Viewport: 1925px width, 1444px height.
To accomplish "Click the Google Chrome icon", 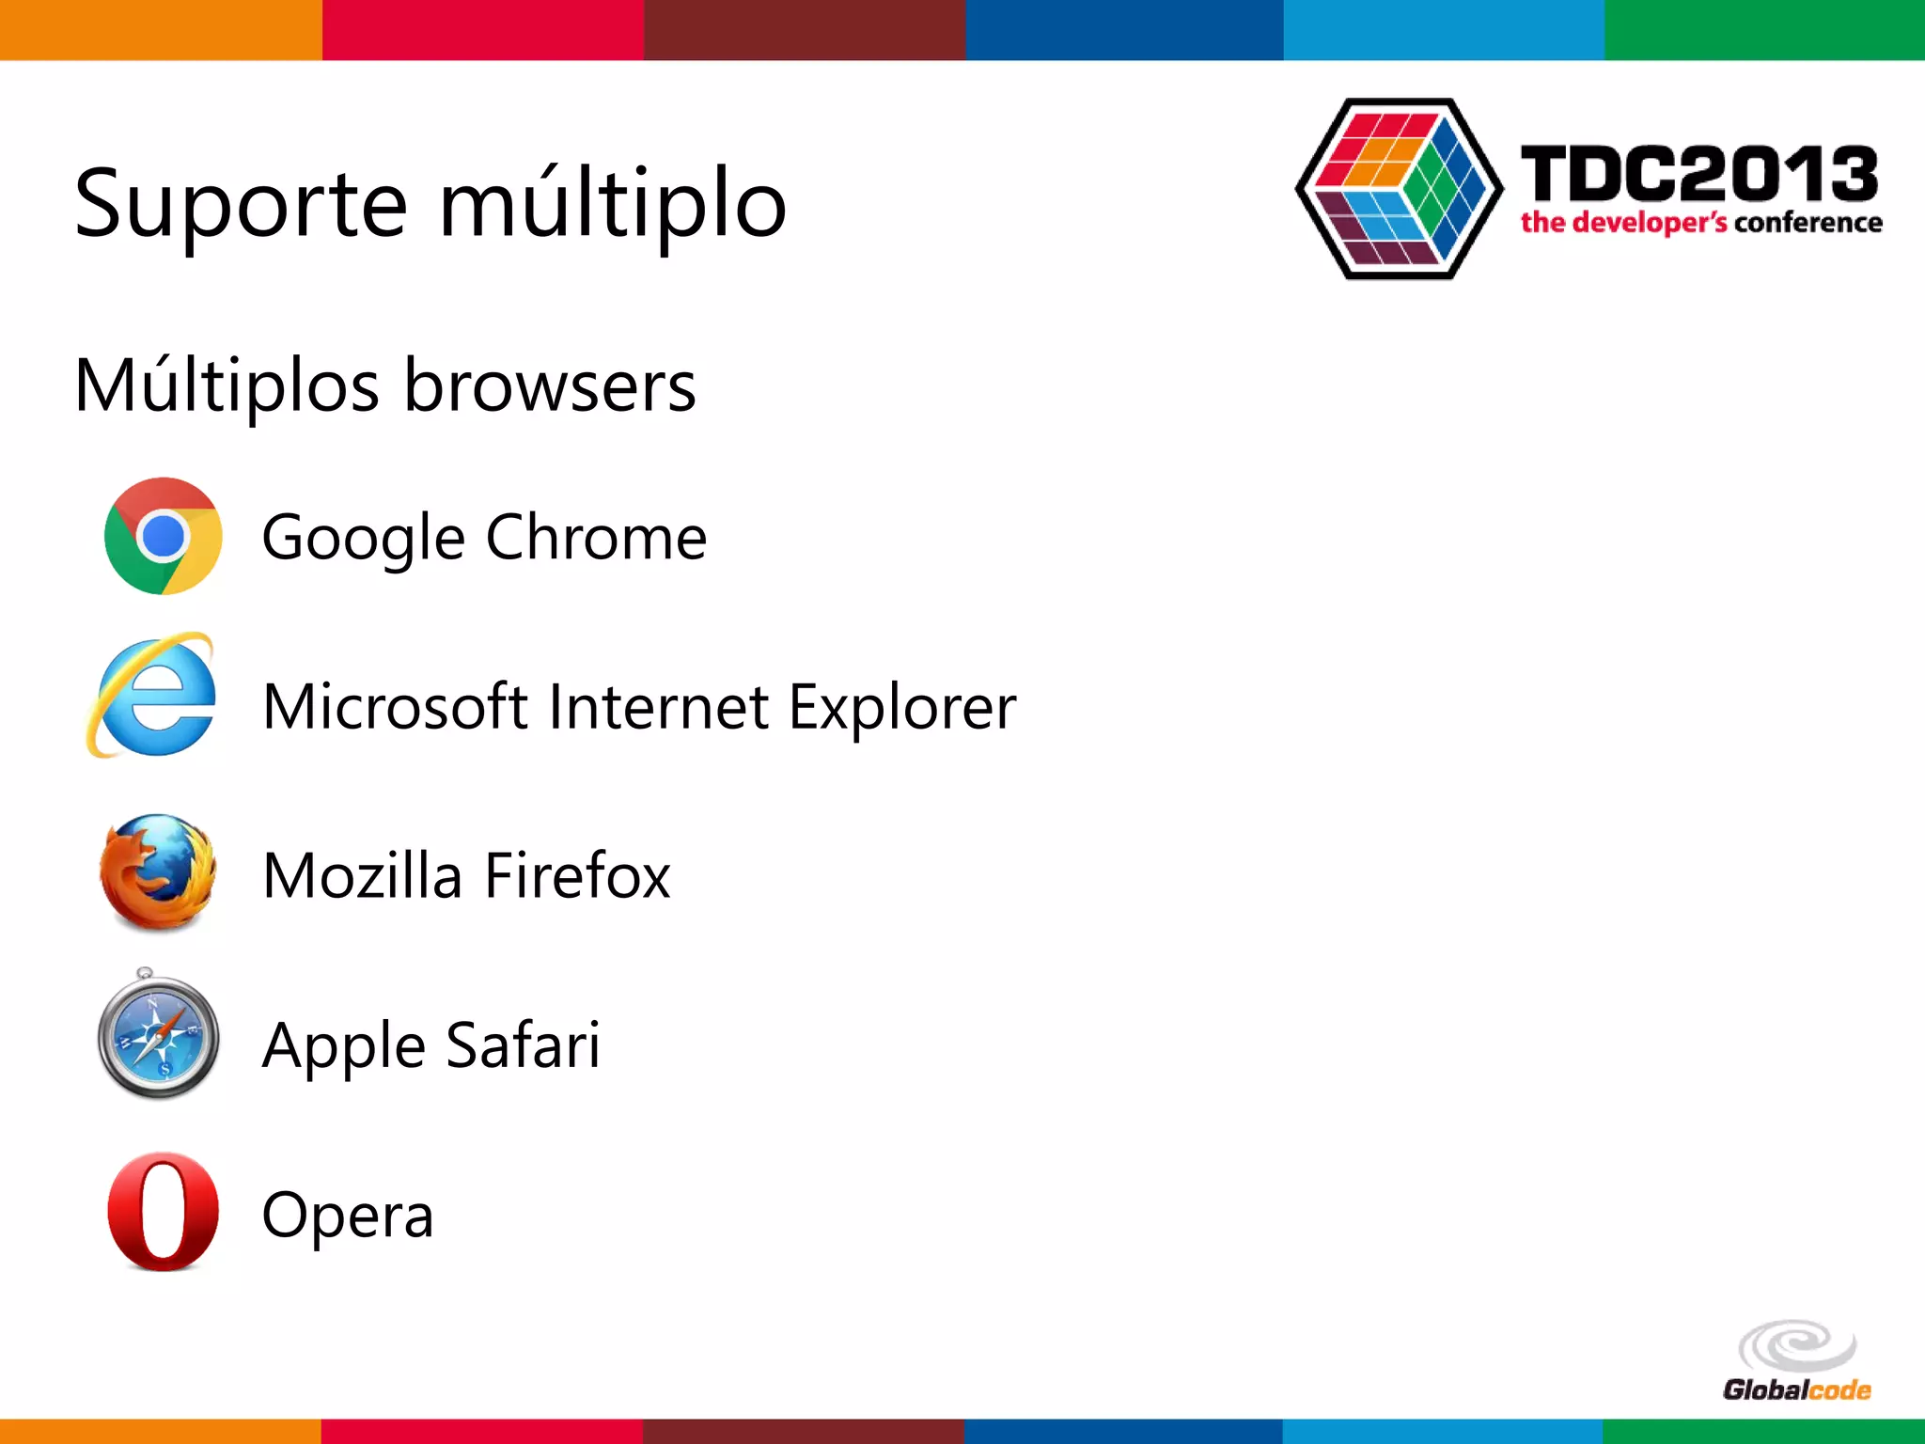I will click(163, 536).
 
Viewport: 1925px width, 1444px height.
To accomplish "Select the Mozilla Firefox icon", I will click(158, 872).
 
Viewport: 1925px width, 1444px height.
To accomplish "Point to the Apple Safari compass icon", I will click(158, 1037).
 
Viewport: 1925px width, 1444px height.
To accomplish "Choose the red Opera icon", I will click(163, 1212).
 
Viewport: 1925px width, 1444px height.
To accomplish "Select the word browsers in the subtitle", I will click(550, 385).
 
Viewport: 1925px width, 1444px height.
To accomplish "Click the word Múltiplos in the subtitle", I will click(227, 385).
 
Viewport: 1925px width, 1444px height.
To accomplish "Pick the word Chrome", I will click(596, 537).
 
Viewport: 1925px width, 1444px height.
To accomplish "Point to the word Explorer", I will click(901, 707).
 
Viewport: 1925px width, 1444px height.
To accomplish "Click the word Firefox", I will click(577, 875).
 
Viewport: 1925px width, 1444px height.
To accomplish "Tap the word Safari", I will click(523, 1044).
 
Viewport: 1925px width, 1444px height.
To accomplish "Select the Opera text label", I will click(347, 1216).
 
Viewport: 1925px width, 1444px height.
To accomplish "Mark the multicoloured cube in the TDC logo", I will click(1399, 188).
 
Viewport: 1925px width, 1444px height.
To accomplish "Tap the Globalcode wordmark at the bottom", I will click(1796, 1390).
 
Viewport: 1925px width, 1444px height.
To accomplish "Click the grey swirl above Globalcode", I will click(1797, 1345).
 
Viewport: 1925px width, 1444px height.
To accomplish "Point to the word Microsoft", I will click(395, 707).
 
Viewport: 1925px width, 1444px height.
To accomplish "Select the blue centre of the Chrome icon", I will click(164, 537).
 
